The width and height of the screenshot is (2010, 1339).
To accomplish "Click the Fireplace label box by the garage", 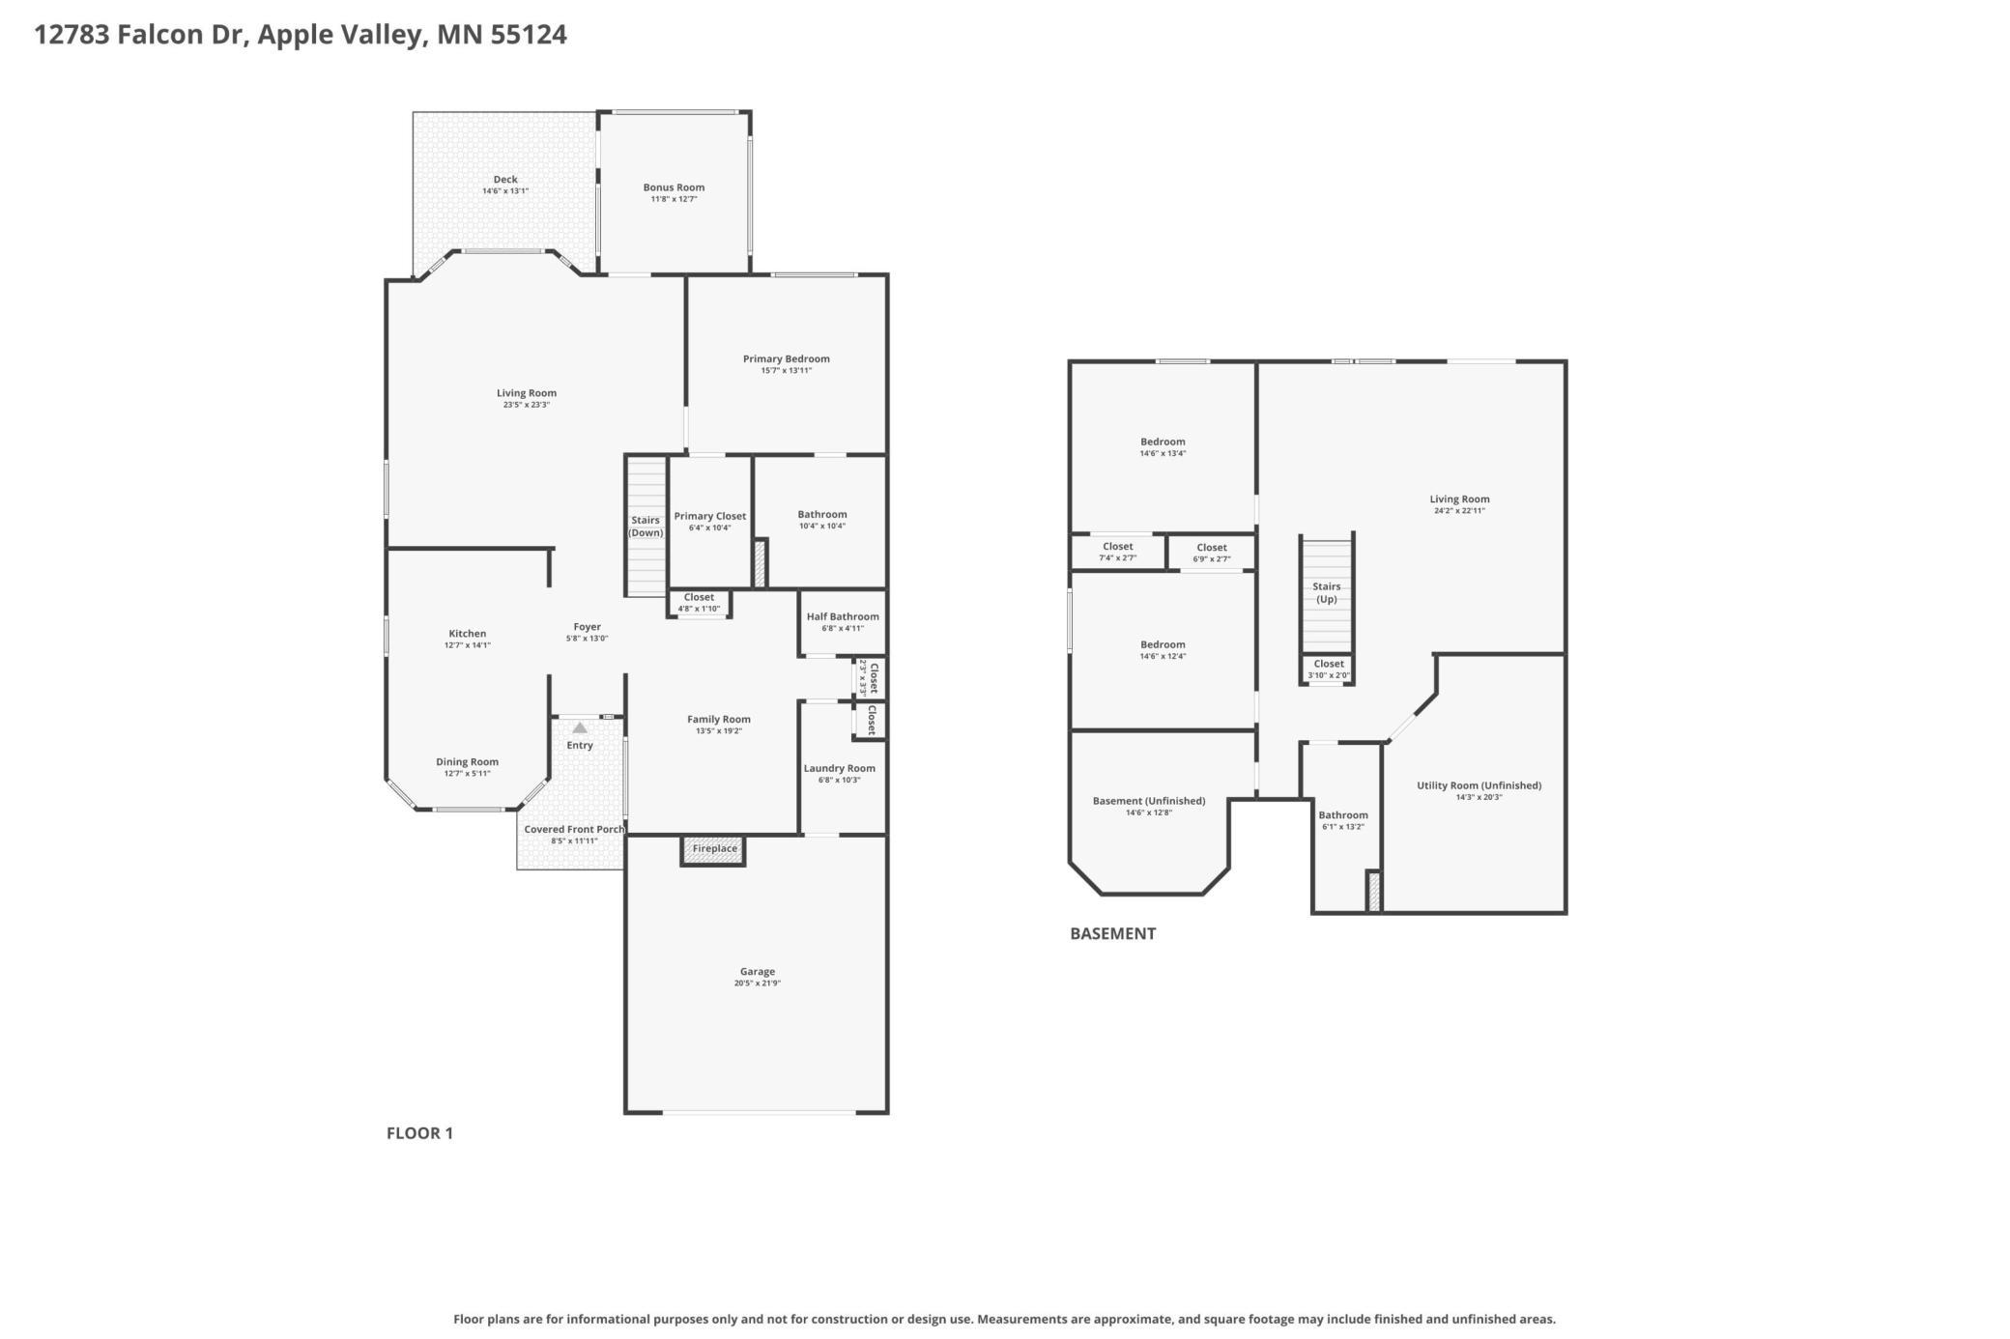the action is point(714,849).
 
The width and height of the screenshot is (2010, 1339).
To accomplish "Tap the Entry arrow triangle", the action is point(579,727).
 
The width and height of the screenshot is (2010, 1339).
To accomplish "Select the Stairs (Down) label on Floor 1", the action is point(646,527).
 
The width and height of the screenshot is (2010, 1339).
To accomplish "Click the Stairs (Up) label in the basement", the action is point(1327,592).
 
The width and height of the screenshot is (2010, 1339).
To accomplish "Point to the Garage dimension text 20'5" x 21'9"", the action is point(758,983).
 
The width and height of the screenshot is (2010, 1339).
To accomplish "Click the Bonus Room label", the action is point(674,187).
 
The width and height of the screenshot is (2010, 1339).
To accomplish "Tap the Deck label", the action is point(505,179).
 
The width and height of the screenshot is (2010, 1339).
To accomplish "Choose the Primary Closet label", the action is point(710,516).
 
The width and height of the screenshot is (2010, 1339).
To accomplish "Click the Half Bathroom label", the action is point(843,616).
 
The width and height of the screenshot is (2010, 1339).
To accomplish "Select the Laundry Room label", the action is point(840,768).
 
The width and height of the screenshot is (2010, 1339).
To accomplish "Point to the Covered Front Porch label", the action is point(574,829).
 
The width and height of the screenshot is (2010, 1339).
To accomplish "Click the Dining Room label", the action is point(468,762).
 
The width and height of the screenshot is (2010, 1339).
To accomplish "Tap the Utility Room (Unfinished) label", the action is point(1479,785).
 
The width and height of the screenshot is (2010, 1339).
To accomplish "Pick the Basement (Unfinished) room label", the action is point(1149,801).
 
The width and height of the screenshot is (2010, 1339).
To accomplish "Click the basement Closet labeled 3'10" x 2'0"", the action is point(1329,669).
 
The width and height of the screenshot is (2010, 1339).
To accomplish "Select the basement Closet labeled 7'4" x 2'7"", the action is point(1118,552).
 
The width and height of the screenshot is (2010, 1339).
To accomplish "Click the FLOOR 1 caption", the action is point(419,1133).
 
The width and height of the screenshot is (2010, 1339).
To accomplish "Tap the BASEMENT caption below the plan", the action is point(1112,933).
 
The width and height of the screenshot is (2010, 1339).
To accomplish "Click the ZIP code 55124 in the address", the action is point(529,35).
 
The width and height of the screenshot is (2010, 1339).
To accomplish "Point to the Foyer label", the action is point(588,627).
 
